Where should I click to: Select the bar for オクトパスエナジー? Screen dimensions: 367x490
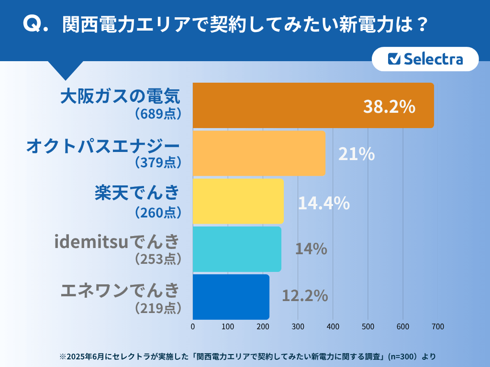(x=259, y=153)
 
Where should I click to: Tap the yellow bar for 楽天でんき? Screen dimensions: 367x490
(x=238, y=201)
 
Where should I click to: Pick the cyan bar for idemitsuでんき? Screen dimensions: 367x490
(x=237, y=248)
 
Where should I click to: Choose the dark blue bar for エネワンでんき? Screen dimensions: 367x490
(x=231, y=296)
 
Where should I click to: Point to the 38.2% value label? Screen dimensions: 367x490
(x=389, y=107)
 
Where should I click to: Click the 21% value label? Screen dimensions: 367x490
(x=356, y=154)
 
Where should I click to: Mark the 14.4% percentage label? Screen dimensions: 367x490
(x=324, y=203)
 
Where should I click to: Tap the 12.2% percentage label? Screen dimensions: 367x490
(x=305, y=296)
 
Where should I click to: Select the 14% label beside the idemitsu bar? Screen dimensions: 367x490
(x=311, y=248)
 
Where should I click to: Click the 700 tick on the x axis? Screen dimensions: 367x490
(x=438, y=327)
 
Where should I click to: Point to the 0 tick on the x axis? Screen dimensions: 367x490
(x=193, y=327)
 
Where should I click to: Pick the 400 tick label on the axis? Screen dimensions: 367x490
(x=333, y=327)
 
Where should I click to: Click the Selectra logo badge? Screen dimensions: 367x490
(x=425, y=59)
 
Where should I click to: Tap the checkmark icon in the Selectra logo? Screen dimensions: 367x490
(x=394, y=58)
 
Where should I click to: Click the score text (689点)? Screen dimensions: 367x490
(x=158, y=114)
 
